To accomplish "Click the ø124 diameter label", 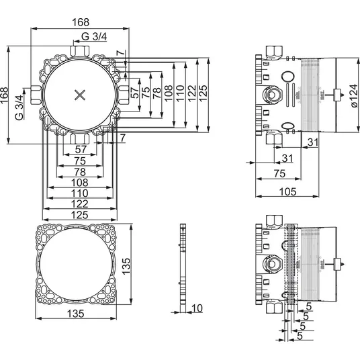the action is tap(353, 96).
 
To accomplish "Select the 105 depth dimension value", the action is tap(287, 191).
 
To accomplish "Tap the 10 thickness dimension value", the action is tap(197, 308).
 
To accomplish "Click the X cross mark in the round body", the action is tap(80, 95).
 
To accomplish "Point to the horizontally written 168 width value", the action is tap(81, 22).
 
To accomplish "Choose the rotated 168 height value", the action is tap(4, 95).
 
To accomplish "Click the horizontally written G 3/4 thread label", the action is tap(94, 36).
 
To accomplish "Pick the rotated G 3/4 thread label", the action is tap(19, 107).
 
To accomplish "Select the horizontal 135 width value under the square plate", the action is tap(75, 314).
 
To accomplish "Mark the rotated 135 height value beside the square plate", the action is tap(126, 266).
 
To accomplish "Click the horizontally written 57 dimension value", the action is tap(81, 150).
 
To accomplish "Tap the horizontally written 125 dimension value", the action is tap(79, 215).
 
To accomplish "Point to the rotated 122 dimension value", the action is tap(192, 93).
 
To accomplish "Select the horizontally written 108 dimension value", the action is tap(79, 183).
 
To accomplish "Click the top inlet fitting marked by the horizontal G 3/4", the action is tap(80, 51).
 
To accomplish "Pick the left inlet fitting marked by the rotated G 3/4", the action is tap(36, 95).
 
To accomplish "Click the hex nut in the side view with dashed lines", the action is tap(273, 263).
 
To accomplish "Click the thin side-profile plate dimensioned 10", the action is tap(183, 268).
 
